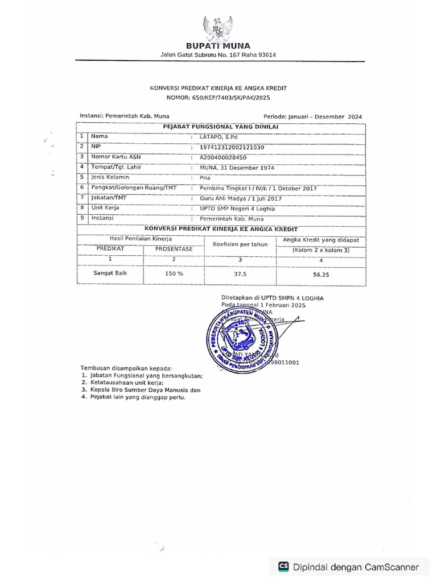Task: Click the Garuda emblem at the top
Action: pyautogui.click(x=218, y=27)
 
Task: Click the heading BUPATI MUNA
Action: pyautogui.click(x=218, y=46)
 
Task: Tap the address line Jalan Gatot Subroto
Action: pyautogui.click(x=218, y=55)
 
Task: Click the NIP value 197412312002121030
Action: pyautogui.click(x=232, y=147)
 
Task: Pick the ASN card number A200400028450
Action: pyautogui.click(x=223, y=157)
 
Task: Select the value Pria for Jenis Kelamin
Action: pyautogui.click(x=205, y=178)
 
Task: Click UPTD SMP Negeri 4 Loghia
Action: pyautogui.click(x=237, y=209)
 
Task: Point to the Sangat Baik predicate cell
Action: pyautogui.click(x=110, y=273)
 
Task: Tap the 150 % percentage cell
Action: pyautogui.click(x=174, y=273)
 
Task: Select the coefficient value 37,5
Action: pyautogui.click(x=240, y=273)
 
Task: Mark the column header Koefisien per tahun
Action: pyautogui.click(x=240, y=244)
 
